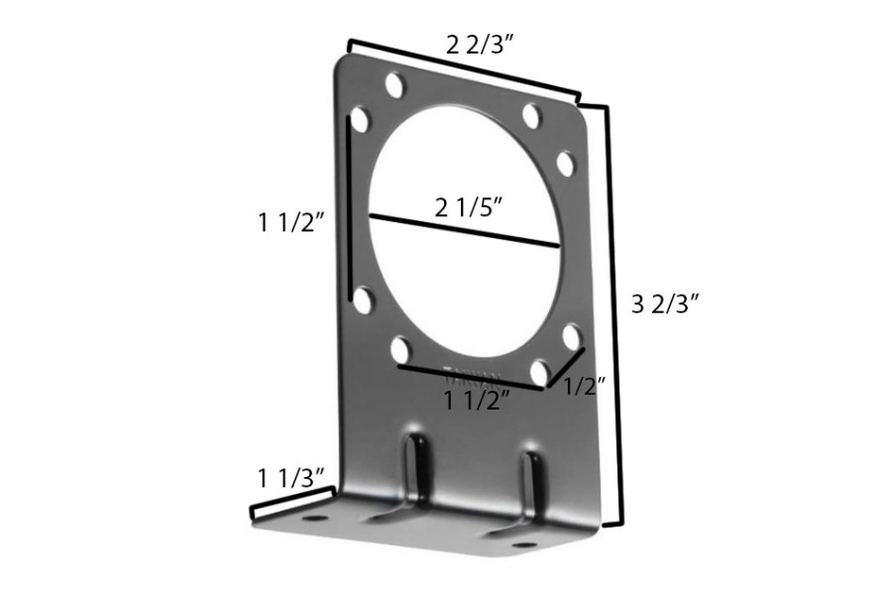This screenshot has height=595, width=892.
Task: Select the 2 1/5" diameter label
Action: click(469, 209)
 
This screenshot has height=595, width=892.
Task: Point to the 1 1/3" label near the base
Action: click(292, 479)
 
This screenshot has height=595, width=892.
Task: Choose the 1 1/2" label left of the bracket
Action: click(292, 223)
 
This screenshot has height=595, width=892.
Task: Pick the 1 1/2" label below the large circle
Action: click(477, 401)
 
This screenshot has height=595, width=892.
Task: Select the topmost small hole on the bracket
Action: click(394, 84)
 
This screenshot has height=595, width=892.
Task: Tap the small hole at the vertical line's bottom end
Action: click(363, 299)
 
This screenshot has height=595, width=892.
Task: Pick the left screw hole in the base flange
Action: click(314, 518)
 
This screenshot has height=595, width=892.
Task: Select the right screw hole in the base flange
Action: click(522, 544)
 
